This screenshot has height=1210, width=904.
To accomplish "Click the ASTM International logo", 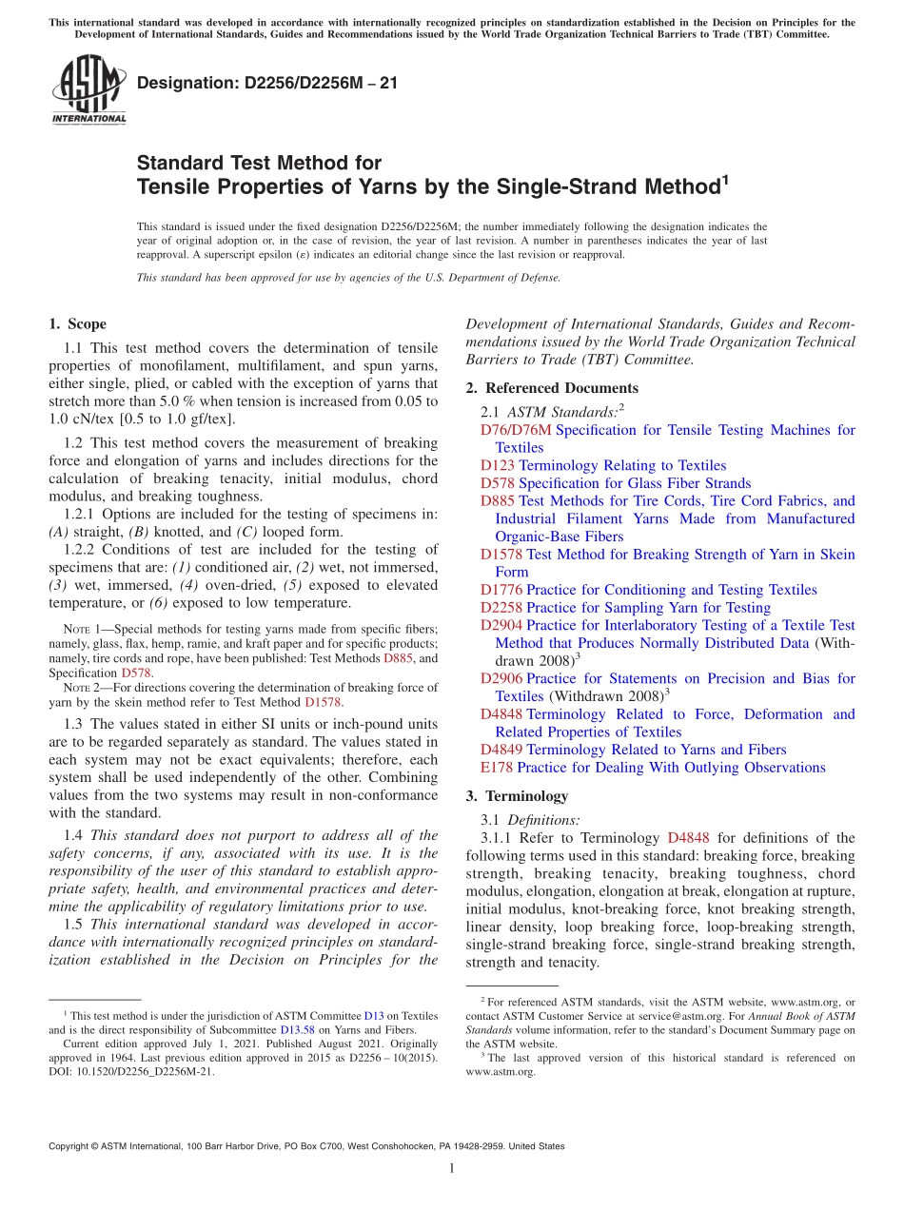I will (88, 90).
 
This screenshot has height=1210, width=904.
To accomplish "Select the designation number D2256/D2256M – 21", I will (267, 83).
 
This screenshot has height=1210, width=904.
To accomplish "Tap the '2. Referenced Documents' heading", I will (552, 388).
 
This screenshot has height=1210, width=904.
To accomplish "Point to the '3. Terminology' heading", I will (517, 796).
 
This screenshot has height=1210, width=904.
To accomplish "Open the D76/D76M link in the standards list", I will (516, 430).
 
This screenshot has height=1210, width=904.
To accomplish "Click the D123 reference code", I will (498, 465).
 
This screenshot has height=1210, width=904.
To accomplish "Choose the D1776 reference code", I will (501, 590).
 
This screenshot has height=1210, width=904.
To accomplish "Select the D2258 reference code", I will (501, 608).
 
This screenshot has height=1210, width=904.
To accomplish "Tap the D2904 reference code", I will (501, 625).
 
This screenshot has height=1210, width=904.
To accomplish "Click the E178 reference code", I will (497, 768).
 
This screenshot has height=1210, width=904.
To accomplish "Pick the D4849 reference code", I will (501, 750).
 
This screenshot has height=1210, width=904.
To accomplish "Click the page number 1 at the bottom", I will (452, 1169).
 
